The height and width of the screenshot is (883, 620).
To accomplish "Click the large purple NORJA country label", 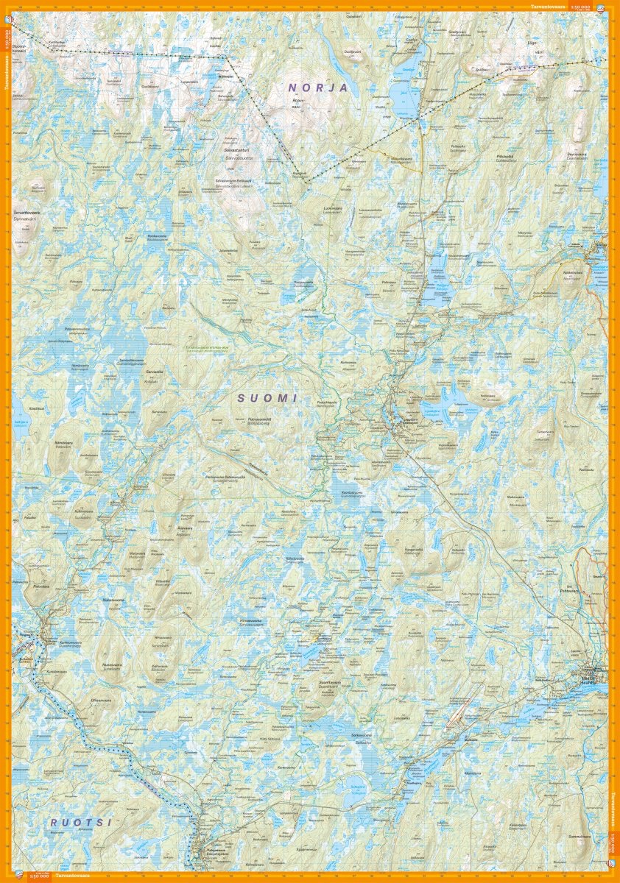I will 317,88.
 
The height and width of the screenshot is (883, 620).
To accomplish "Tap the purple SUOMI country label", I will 267,397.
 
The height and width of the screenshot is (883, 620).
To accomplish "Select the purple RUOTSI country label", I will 81,822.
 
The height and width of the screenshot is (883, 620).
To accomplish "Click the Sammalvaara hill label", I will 580,837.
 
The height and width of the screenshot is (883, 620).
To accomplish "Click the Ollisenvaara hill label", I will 100,700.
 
